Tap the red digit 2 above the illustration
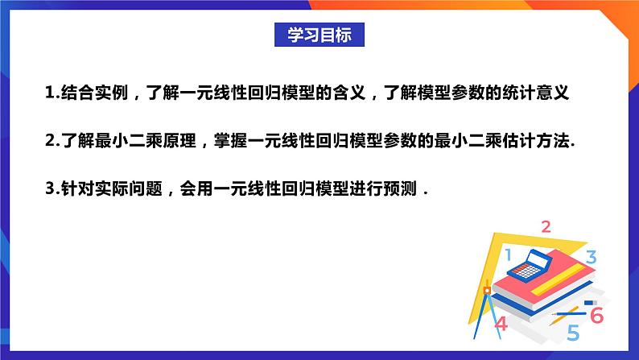click(x=545, y=226)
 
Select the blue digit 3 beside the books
click(x=590, y=258)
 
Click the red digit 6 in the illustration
click(x=596, y=314)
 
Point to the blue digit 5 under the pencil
click(x=573, y=332)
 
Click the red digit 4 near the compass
click(x=501, y=324)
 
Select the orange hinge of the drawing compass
click(x=485, y=288)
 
